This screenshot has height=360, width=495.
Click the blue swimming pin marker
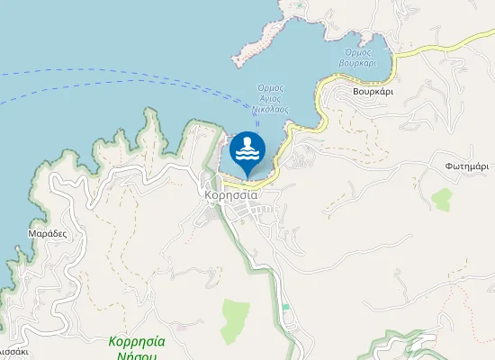[247, 154]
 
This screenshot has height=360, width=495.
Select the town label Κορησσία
[231, 194]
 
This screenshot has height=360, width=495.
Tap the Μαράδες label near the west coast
[48, 232]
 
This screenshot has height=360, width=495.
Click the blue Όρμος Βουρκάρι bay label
[356, 57]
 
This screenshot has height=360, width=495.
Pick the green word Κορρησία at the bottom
[136, 341]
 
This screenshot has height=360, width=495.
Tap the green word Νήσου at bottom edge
[136, 355]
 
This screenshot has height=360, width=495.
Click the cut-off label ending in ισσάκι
[14, 352]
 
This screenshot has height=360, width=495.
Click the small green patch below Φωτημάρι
[442, 199]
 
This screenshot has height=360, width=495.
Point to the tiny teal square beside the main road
[286, 307]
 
